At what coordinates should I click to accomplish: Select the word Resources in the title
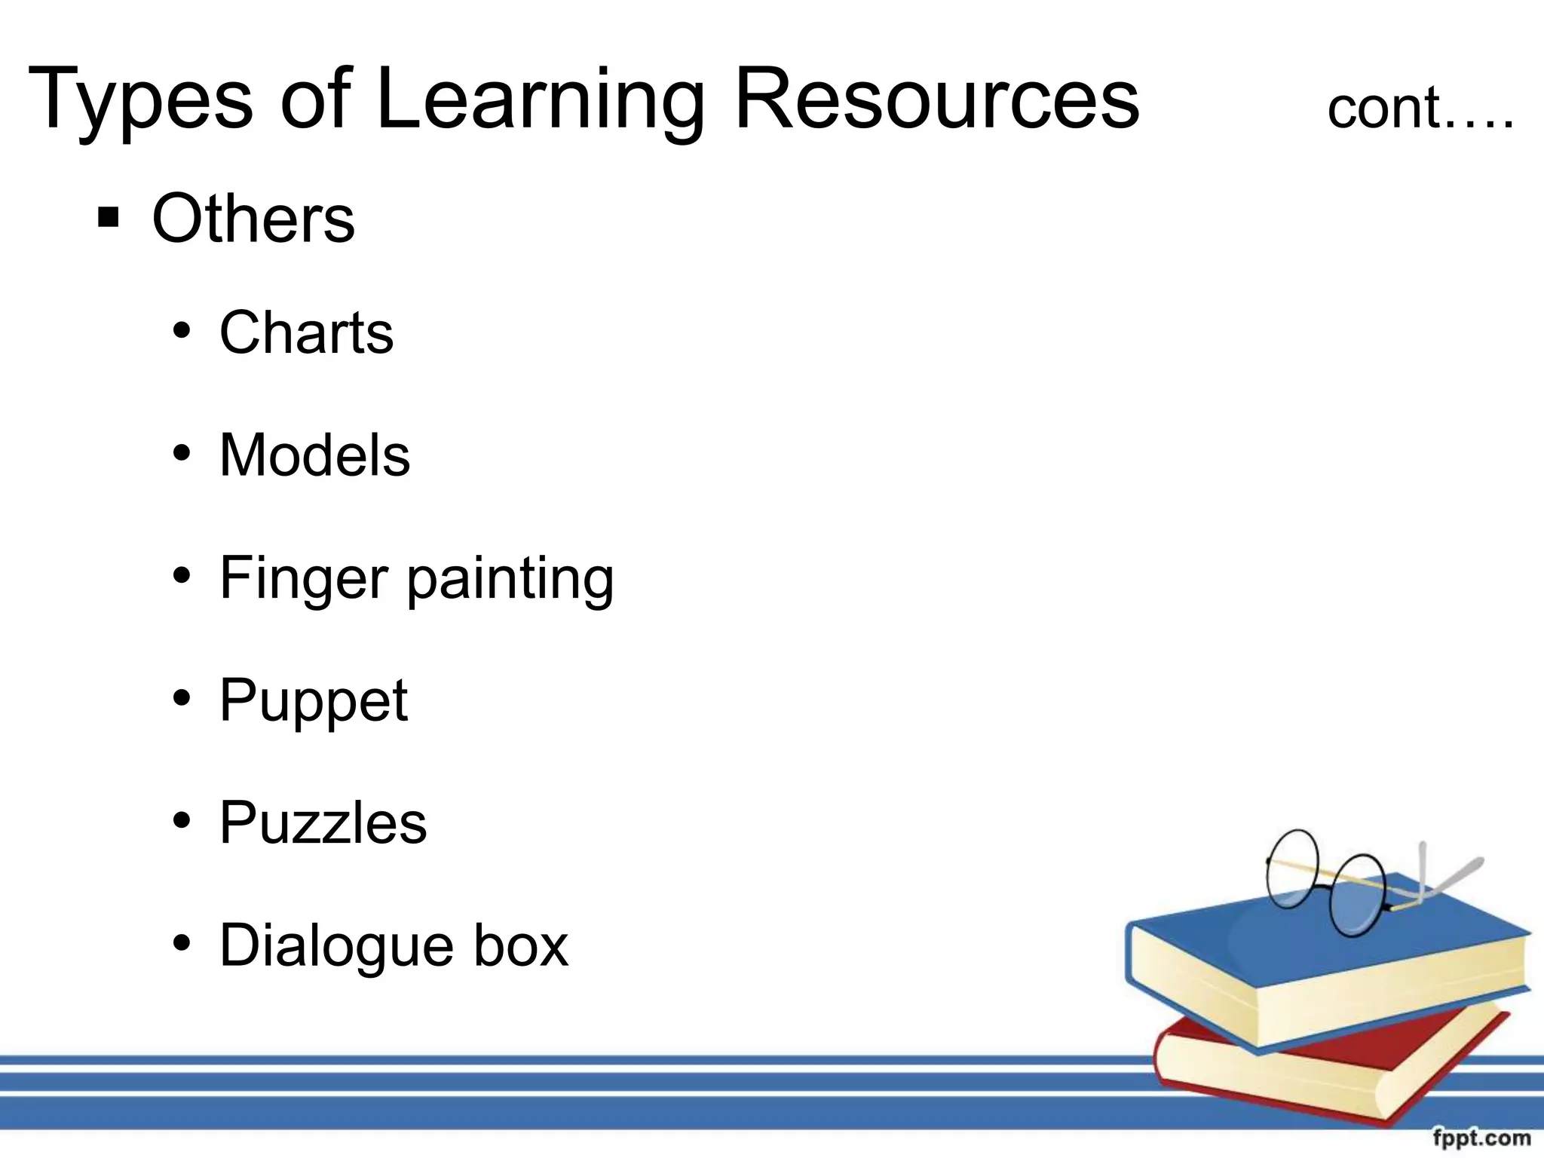(936, 100)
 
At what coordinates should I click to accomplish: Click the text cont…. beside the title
(1420, 109)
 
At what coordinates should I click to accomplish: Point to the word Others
(253, 219)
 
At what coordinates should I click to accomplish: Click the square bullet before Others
(109, 218)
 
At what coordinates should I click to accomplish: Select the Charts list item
(306, 332)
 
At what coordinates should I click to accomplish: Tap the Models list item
(314, 455)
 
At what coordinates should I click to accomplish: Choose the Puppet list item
(313, 701)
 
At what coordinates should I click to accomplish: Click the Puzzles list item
(323, 823)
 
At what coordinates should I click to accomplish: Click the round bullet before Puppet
(182, 698)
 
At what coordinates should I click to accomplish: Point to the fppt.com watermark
(1481, 1138)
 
